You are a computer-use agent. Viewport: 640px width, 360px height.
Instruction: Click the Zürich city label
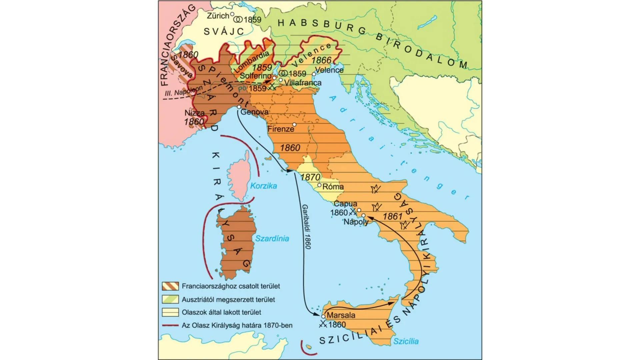(218, 16)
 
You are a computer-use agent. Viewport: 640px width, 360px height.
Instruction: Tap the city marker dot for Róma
(319, 185)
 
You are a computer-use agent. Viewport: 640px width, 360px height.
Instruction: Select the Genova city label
(254, 112)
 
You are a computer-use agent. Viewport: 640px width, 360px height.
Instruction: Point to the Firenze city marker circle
(294, 124)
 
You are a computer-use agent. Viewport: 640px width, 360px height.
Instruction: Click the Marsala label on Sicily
(341, 315)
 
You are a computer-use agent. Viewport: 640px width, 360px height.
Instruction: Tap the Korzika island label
(263, 186)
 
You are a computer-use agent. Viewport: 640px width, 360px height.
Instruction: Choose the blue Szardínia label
(272, 239)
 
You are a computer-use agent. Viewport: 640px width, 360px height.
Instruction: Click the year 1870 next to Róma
(310, 177)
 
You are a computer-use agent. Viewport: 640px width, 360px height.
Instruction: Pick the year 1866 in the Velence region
(321, 60)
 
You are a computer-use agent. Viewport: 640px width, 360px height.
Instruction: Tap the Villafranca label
(303, 83)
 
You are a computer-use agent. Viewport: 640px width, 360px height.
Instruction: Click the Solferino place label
(255, 76)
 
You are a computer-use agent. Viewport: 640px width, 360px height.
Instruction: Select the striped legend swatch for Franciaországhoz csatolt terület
(170, 286)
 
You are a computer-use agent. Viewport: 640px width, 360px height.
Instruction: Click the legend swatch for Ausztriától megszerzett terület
(170, 299)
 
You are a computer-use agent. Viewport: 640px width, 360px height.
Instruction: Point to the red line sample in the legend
(170, 325)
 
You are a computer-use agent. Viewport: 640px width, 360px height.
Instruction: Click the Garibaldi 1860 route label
(307, 227)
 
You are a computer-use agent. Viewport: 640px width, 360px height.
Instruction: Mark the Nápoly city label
(356, 222)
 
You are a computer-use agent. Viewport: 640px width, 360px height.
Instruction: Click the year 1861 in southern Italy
(393, 216)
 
